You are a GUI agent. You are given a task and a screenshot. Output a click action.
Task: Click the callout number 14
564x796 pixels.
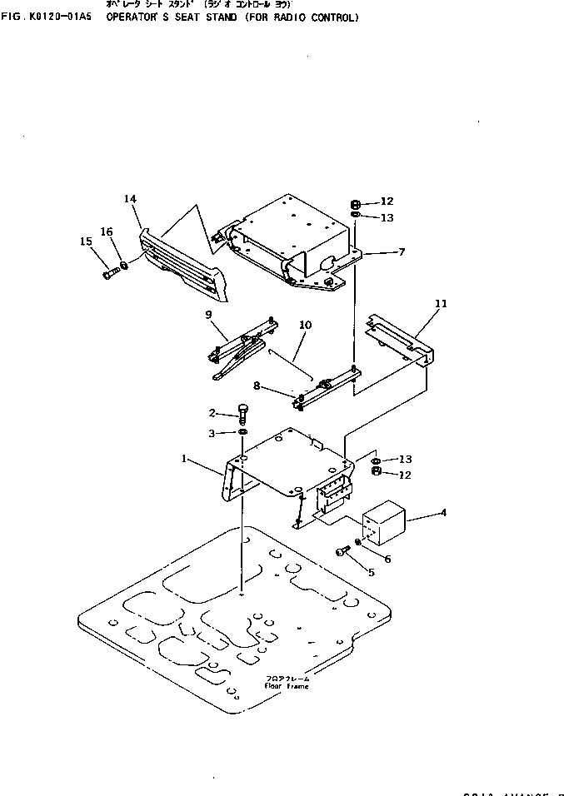pos(130,199)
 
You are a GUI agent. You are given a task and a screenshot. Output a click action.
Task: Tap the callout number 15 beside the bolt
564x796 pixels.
pos(86,241)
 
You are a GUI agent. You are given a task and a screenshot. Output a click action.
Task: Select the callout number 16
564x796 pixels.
pos(107,231)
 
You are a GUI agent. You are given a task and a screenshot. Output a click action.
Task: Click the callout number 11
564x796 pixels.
pos(441,304)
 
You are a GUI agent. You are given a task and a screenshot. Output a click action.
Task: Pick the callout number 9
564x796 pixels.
pos(210,314)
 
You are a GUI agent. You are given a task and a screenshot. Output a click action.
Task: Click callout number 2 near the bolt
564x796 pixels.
pos(212,413)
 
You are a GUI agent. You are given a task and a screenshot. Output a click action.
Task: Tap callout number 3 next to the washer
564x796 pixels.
pos(212,433)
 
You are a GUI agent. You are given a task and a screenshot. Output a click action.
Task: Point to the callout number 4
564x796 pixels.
pos(443,512)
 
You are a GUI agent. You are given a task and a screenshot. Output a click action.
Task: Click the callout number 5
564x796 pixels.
pos(371,572)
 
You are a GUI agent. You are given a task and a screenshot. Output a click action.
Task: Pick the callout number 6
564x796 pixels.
pos(387,559)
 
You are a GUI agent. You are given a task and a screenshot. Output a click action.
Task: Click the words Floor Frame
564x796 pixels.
pos(287,686)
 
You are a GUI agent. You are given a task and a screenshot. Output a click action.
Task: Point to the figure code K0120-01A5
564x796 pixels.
pos(56,17)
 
